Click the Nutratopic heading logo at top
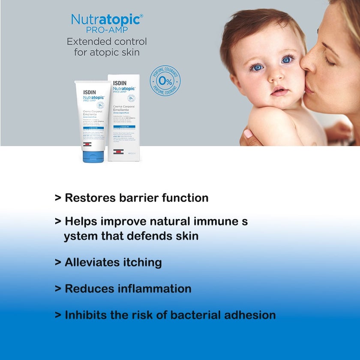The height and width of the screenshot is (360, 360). coord(107,20)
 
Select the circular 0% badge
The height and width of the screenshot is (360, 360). coord(165,80)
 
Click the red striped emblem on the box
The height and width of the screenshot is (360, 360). coord(118,152)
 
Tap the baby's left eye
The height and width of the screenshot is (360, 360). coord(288,60)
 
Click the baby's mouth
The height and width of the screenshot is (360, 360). coord(279,91)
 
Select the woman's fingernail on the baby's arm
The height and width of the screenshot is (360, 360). coord(248,134)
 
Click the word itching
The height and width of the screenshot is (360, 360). coord(140,262)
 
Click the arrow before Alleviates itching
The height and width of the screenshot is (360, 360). coord(58,262)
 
